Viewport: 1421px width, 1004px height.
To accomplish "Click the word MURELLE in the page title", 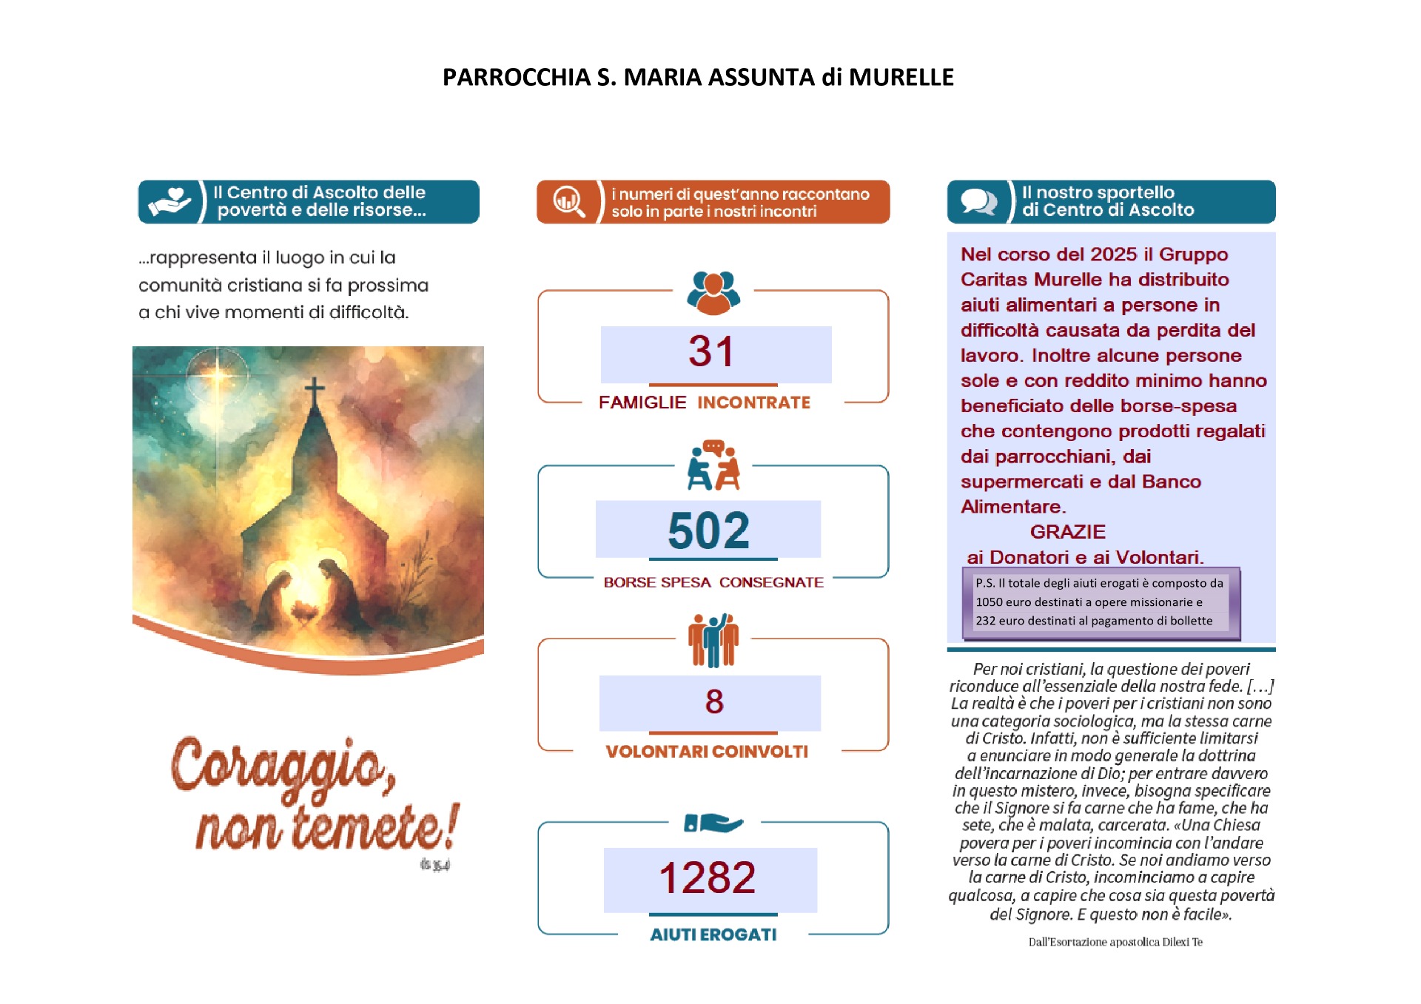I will click(x=901, y=77).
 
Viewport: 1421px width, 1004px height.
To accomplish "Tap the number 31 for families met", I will click(x=711, y=351).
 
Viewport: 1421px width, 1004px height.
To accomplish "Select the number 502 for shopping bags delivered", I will click(x=708, y=530).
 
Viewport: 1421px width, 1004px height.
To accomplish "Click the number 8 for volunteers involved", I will click(x=714, y=701).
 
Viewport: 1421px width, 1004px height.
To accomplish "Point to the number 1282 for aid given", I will click(x=708, y=878).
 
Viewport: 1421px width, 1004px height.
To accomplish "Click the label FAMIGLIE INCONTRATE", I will click(x=704, y=402).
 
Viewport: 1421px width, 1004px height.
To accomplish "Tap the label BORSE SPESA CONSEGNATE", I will click(x=713, y=582).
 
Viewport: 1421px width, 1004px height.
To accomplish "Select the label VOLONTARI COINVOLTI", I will click(x=707, y=752).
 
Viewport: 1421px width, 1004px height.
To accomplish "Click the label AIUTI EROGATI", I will click(x=713, y=934).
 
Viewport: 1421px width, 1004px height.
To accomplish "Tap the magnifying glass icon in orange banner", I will click(x=568, y=201).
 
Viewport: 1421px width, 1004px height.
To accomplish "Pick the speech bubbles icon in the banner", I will click(x=978, y=201).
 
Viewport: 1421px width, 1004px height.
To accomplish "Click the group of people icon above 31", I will click(x=713, y=292).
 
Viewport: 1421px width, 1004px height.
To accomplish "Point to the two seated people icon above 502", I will click(x=713, y=466).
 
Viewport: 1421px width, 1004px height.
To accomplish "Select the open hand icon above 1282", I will click(x=713, y=822).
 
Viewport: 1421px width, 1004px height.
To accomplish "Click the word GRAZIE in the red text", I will click(x=1067, y=532).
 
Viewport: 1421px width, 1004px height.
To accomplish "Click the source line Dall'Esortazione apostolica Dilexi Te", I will click(x=1115, y=942).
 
